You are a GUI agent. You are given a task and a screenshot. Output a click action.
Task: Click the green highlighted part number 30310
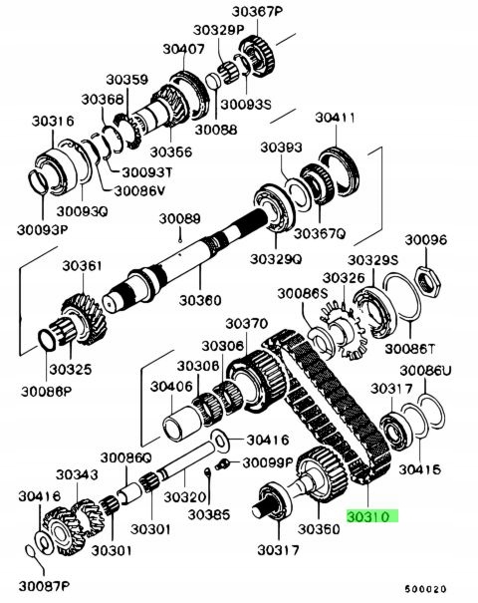point(371,517)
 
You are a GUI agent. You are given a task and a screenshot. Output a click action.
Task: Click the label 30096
point(425,239)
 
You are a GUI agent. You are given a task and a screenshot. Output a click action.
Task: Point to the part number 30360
point(200,298)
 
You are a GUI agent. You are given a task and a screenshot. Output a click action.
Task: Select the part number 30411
point(336,119)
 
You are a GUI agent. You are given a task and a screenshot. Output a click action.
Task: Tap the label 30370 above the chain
point(246,324)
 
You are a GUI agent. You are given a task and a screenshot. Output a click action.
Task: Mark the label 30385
point(210,514)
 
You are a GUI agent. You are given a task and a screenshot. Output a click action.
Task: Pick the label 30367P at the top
point(258,12)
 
